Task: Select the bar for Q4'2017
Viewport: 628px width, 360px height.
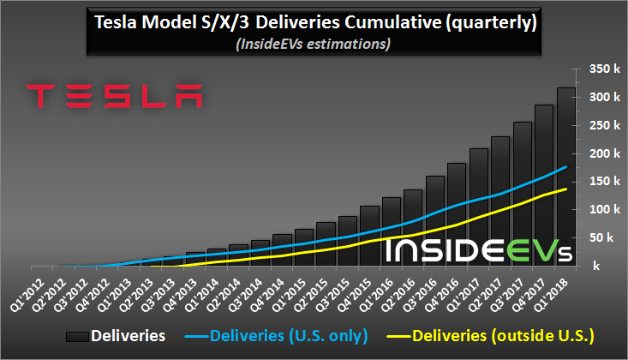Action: coord(544,185)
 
